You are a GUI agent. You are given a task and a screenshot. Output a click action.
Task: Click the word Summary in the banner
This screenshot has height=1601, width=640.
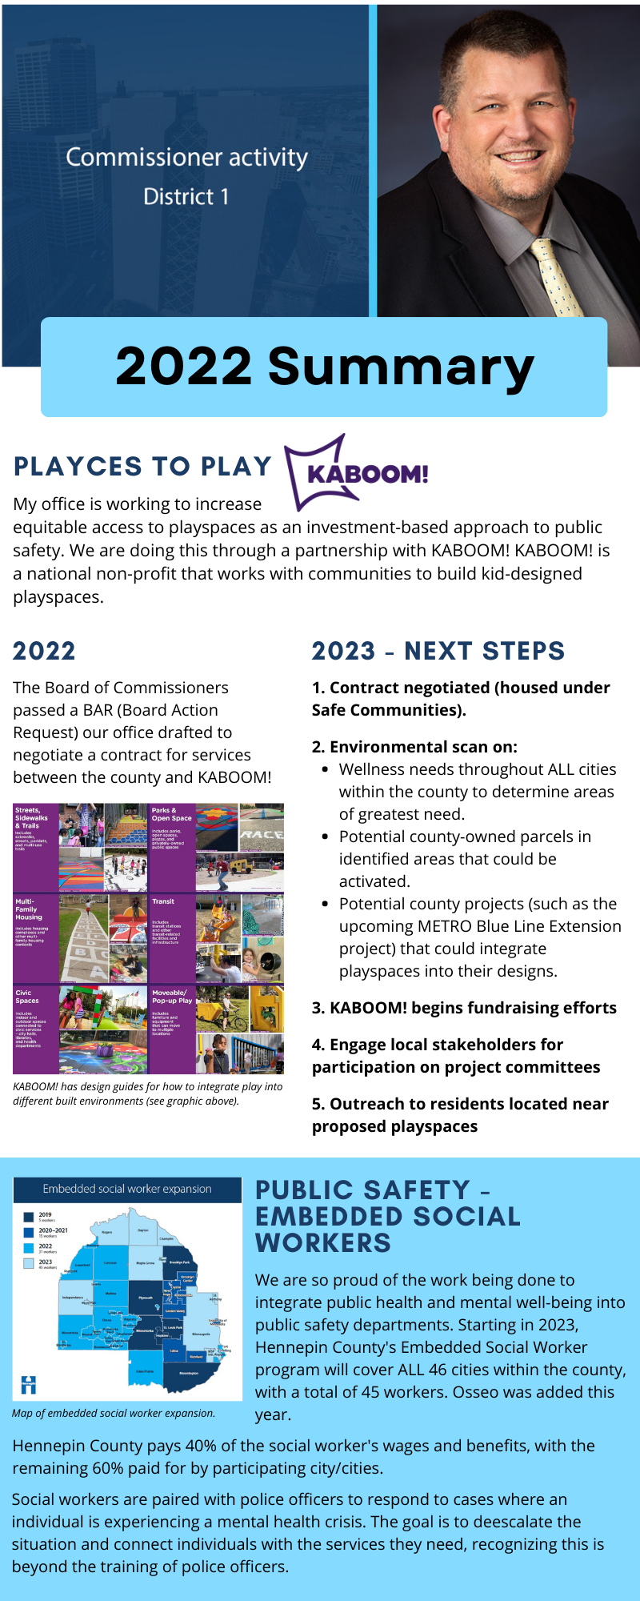(x=400, y=367)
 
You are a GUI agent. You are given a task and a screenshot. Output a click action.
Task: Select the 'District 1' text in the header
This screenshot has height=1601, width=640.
(x=186, y=197)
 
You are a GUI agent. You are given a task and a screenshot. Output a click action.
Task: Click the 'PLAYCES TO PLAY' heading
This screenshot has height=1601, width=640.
(x=143, y=466)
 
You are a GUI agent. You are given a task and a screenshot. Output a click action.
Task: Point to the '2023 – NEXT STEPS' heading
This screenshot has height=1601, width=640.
(x=438, y=651)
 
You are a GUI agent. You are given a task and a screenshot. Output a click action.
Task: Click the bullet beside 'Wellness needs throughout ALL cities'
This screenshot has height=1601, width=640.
(x=325, y=769)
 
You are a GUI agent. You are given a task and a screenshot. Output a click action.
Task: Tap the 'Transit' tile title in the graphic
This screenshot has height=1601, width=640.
(x=163, y=901)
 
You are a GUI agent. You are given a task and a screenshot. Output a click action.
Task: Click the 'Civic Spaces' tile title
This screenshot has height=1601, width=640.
(x=26, y=997)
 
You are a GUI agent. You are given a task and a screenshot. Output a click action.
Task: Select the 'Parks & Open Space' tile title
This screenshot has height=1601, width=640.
(x=171, y=814)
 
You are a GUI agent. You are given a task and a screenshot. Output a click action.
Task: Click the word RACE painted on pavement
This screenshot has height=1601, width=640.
(x=262, y=834)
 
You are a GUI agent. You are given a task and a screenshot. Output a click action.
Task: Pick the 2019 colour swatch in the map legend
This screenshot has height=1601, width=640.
(x=28, y=1217)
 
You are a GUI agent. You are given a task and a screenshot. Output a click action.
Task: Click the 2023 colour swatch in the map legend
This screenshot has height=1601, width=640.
(x=28, y=1263)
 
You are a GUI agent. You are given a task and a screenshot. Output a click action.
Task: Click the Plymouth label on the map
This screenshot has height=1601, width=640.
(x=146, y=1298)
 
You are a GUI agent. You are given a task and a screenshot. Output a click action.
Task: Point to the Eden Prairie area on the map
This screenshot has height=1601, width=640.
(x=145, y=1370)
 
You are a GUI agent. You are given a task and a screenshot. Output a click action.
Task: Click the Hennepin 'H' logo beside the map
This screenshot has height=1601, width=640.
(x=29, y=1385)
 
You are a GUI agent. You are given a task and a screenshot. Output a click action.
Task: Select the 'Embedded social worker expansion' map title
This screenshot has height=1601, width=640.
(x=127, y=1190)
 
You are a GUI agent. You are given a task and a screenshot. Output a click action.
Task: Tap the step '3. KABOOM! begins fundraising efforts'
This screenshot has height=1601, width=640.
(x=464, y=1008)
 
